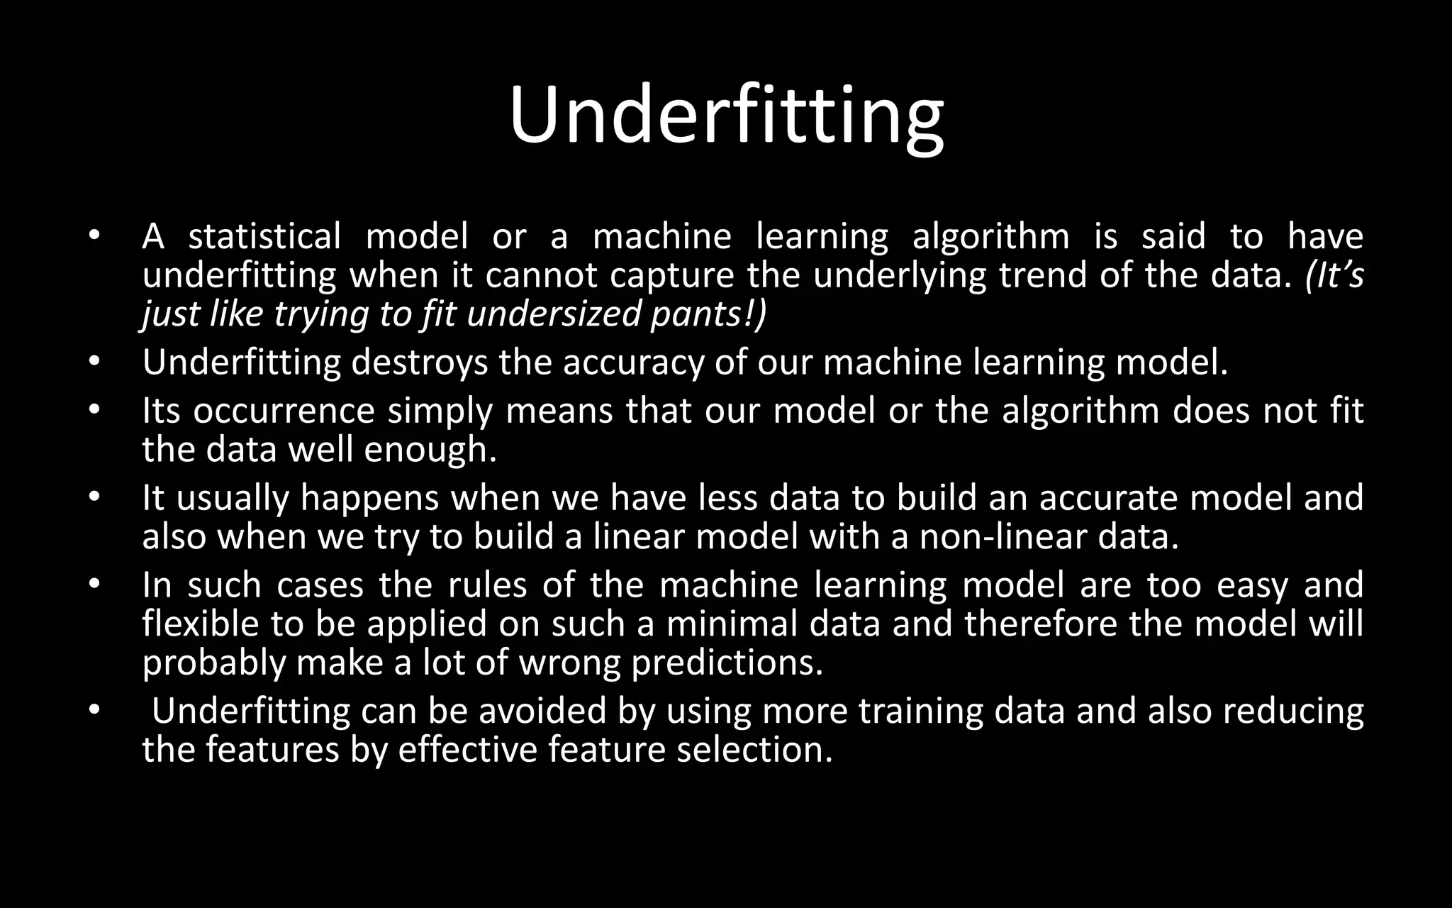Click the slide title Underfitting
[726, 116]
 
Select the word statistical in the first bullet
[264, 236]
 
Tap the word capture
[671, 275]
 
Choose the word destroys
[419, 362]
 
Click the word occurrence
[284, 411]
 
